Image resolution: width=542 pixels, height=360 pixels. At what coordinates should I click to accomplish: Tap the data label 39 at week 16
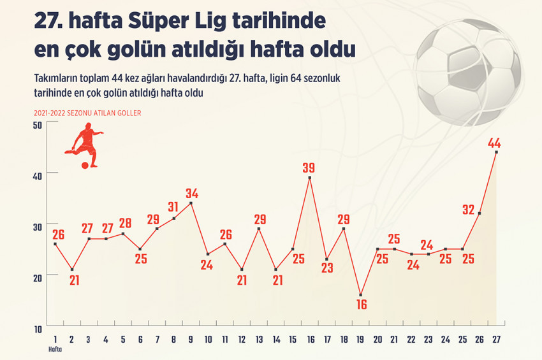[x=309, y=168]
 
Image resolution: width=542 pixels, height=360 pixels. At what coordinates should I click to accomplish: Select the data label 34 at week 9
[x=192, y=193]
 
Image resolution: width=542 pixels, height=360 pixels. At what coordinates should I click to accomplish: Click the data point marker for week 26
[x=479, y=213]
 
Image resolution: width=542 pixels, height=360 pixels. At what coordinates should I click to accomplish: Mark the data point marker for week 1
[x=55, y=244]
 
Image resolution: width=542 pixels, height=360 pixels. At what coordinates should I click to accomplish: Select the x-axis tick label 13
[x=258, y=339]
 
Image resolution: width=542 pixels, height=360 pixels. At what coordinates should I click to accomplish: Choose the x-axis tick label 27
[x=495, y=339]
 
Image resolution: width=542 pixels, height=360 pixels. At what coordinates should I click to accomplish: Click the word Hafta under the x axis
[x=56, y=349]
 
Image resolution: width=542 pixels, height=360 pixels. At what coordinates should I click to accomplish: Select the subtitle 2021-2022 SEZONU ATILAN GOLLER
[x=88, y=113]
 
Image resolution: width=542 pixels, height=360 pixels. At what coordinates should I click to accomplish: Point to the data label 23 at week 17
[x=326, y=268]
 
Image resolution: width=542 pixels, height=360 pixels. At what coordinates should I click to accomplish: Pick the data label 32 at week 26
[x=469, y=210]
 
